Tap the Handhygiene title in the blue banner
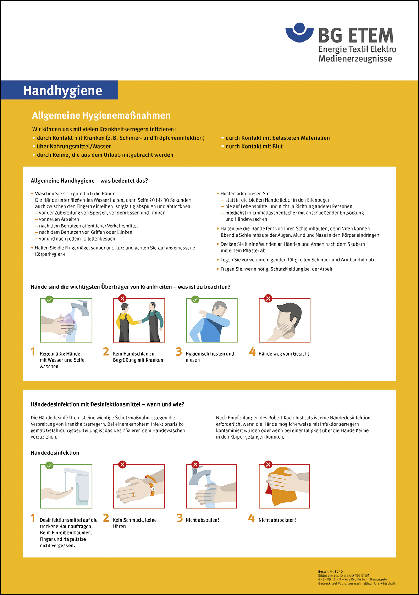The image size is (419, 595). click(x=63, y=90)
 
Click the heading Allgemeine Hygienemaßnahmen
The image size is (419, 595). click(x=101, y=115)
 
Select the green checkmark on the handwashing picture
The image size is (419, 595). click(x=50, y=299)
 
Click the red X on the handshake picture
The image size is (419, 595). click(x=122, y=298)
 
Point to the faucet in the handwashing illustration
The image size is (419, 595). click(x=81, y=307)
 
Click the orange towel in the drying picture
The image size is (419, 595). click(x=284, y=490)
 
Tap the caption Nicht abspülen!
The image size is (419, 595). click(x=202, y=520)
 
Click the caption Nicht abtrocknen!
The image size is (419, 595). click(x=277, y=520)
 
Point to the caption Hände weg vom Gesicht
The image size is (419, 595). click(x=283, y=354)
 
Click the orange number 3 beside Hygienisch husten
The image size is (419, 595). click(x=179, y=352)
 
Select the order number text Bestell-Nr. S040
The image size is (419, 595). click(x=330, y=572)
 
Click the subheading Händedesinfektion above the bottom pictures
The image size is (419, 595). click(x=55, y=453)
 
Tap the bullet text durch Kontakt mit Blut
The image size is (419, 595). click(x=254, y=147)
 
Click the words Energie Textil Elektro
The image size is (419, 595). click(x=357, y=49)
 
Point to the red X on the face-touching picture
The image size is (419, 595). click(x=268, y=298)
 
